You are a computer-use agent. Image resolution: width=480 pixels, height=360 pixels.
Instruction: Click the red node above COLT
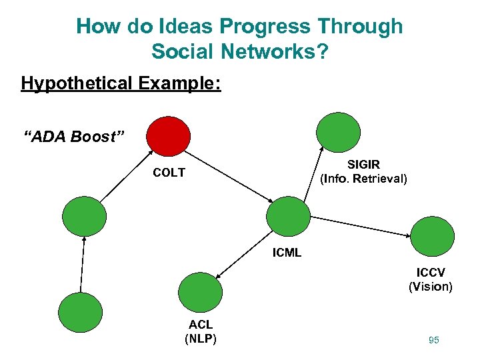tap(168, 136)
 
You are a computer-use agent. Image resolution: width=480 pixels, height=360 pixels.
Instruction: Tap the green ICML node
tap(288, 217)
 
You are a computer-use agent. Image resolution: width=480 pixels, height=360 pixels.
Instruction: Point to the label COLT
tap(169, 173)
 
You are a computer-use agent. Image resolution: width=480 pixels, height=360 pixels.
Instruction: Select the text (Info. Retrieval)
tap(364, 179)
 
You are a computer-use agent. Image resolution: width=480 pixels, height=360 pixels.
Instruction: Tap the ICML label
tap(287, 253)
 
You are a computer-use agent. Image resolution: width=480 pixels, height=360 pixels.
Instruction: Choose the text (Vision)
tap(431, 287)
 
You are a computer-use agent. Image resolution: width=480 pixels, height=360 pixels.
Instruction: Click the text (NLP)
tap(200, 338)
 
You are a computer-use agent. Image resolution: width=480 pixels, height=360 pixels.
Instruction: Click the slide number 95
tap(434, 340)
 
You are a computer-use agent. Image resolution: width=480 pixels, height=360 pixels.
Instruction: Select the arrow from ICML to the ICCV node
tap(361, 226)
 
